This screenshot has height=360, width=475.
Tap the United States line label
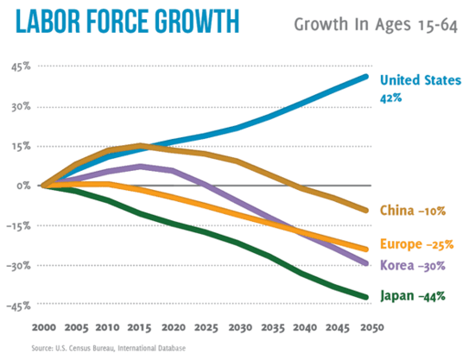[421, 81]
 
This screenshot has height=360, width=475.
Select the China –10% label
[411, 210]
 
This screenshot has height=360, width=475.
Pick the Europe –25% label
[417, 244]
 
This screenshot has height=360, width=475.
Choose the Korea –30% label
[413, 265]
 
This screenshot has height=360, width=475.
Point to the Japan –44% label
[413, 296]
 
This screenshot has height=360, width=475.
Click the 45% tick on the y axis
[20, 68]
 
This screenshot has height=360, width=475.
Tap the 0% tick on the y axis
[23, 186]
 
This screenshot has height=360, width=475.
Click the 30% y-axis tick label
[20, 108]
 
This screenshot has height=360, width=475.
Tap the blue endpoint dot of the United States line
[366, 77]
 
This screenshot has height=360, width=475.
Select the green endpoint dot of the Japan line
[366, 297]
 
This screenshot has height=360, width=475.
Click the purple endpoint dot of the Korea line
[366, 263]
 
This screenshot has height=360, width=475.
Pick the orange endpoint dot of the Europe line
[366, 249]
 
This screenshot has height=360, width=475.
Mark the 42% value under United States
[390, 98]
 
